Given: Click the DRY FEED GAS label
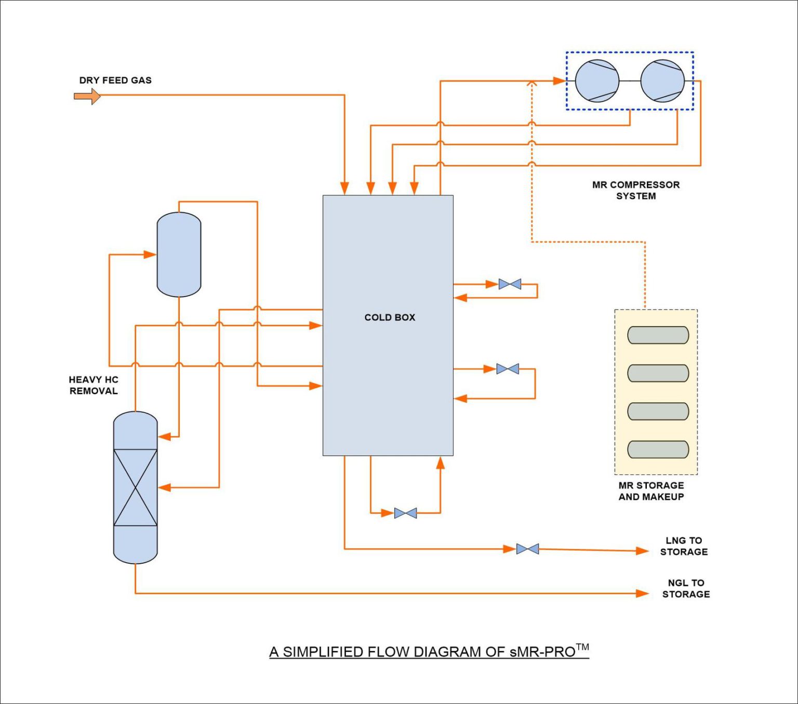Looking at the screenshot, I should pyautogui.click(x=115, y=81).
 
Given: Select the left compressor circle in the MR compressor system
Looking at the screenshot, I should pyautogui.click(x=597, y=81).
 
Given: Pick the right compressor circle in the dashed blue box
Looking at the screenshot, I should pyautogui.click(x=662, y=81).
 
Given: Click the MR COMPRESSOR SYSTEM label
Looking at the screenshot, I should pyautogui.click(x=636, y=190).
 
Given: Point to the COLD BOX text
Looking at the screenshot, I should pyautogui.click(x=390, y=317).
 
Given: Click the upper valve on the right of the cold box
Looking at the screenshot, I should pyautogui.click(x=510, y=284).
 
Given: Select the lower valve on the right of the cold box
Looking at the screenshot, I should pyautogui.click(x=508, y=369).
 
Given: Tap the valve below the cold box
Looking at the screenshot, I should pyautogui.click(x=405, y=513).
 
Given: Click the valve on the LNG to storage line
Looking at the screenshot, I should pyautogui.click(x=527, y=549).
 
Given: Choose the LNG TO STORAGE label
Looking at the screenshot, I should pyautogui.click(x=684, y=546).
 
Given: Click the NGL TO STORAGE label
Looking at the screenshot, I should pyautogui.click(x=686, y=589).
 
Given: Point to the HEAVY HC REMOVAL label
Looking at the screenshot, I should pyautogui.click(x=94, y=386).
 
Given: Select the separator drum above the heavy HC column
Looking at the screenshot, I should pyautogui.click(x=179, y=255).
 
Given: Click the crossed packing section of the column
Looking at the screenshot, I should pyautogui.click(x=135, y=487).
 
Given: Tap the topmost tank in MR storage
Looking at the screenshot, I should pyautogui.click(x=658, y=335).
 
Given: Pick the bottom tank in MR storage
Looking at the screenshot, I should pyautogui.click(x=658, y=449).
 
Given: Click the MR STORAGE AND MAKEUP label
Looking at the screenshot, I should pyautogui.click(x=651, y=491).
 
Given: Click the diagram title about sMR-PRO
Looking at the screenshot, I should pyautogui.click(x=429, y=652).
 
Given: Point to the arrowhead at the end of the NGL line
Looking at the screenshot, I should pyautogui.click(x=643, y=593).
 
